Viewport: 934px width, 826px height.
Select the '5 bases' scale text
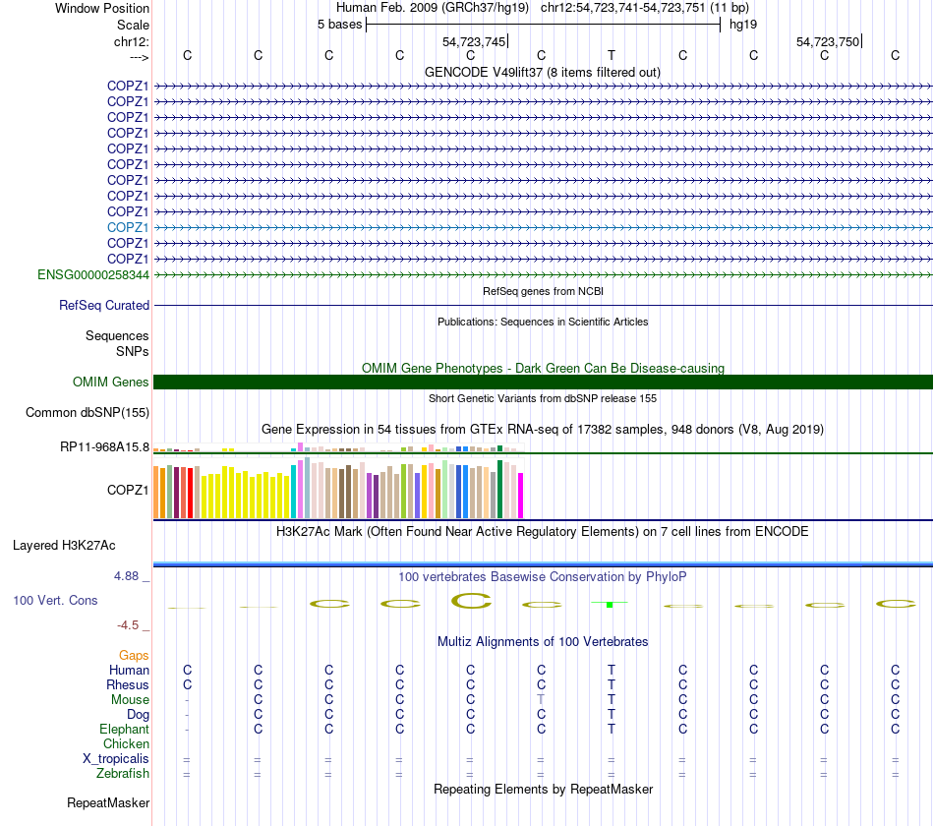tap(339, 24)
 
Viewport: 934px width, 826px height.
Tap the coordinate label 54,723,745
tap(475, 41)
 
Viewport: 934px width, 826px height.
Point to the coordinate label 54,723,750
tap(829, 41)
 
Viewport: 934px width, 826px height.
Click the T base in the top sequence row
tap(612, 55)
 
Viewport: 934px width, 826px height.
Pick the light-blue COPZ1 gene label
tap(128, 227)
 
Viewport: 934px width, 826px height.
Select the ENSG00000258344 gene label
tap(93, 274)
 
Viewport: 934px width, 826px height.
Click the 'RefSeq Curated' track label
tap(104, 306)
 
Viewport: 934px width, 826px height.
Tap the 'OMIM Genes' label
tap(111, 382)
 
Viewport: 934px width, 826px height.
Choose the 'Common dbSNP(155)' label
tap(88, 413)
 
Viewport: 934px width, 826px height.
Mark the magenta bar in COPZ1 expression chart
tap(521, 495)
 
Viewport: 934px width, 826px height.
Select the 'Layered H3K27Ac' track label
tap(64, 545)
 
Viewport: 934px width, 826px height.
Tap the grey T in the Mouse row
tap(541, 699)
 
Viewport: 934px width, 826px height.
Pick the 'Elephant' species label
tap(124, 730)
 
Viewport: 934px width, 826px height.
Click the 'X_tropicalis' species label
tap(116, 759)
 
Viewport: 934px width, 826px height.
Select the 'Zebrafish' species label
tap(123, 774)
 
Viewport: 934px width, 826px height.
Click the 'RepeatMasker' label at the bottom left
tap(108, 803)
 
